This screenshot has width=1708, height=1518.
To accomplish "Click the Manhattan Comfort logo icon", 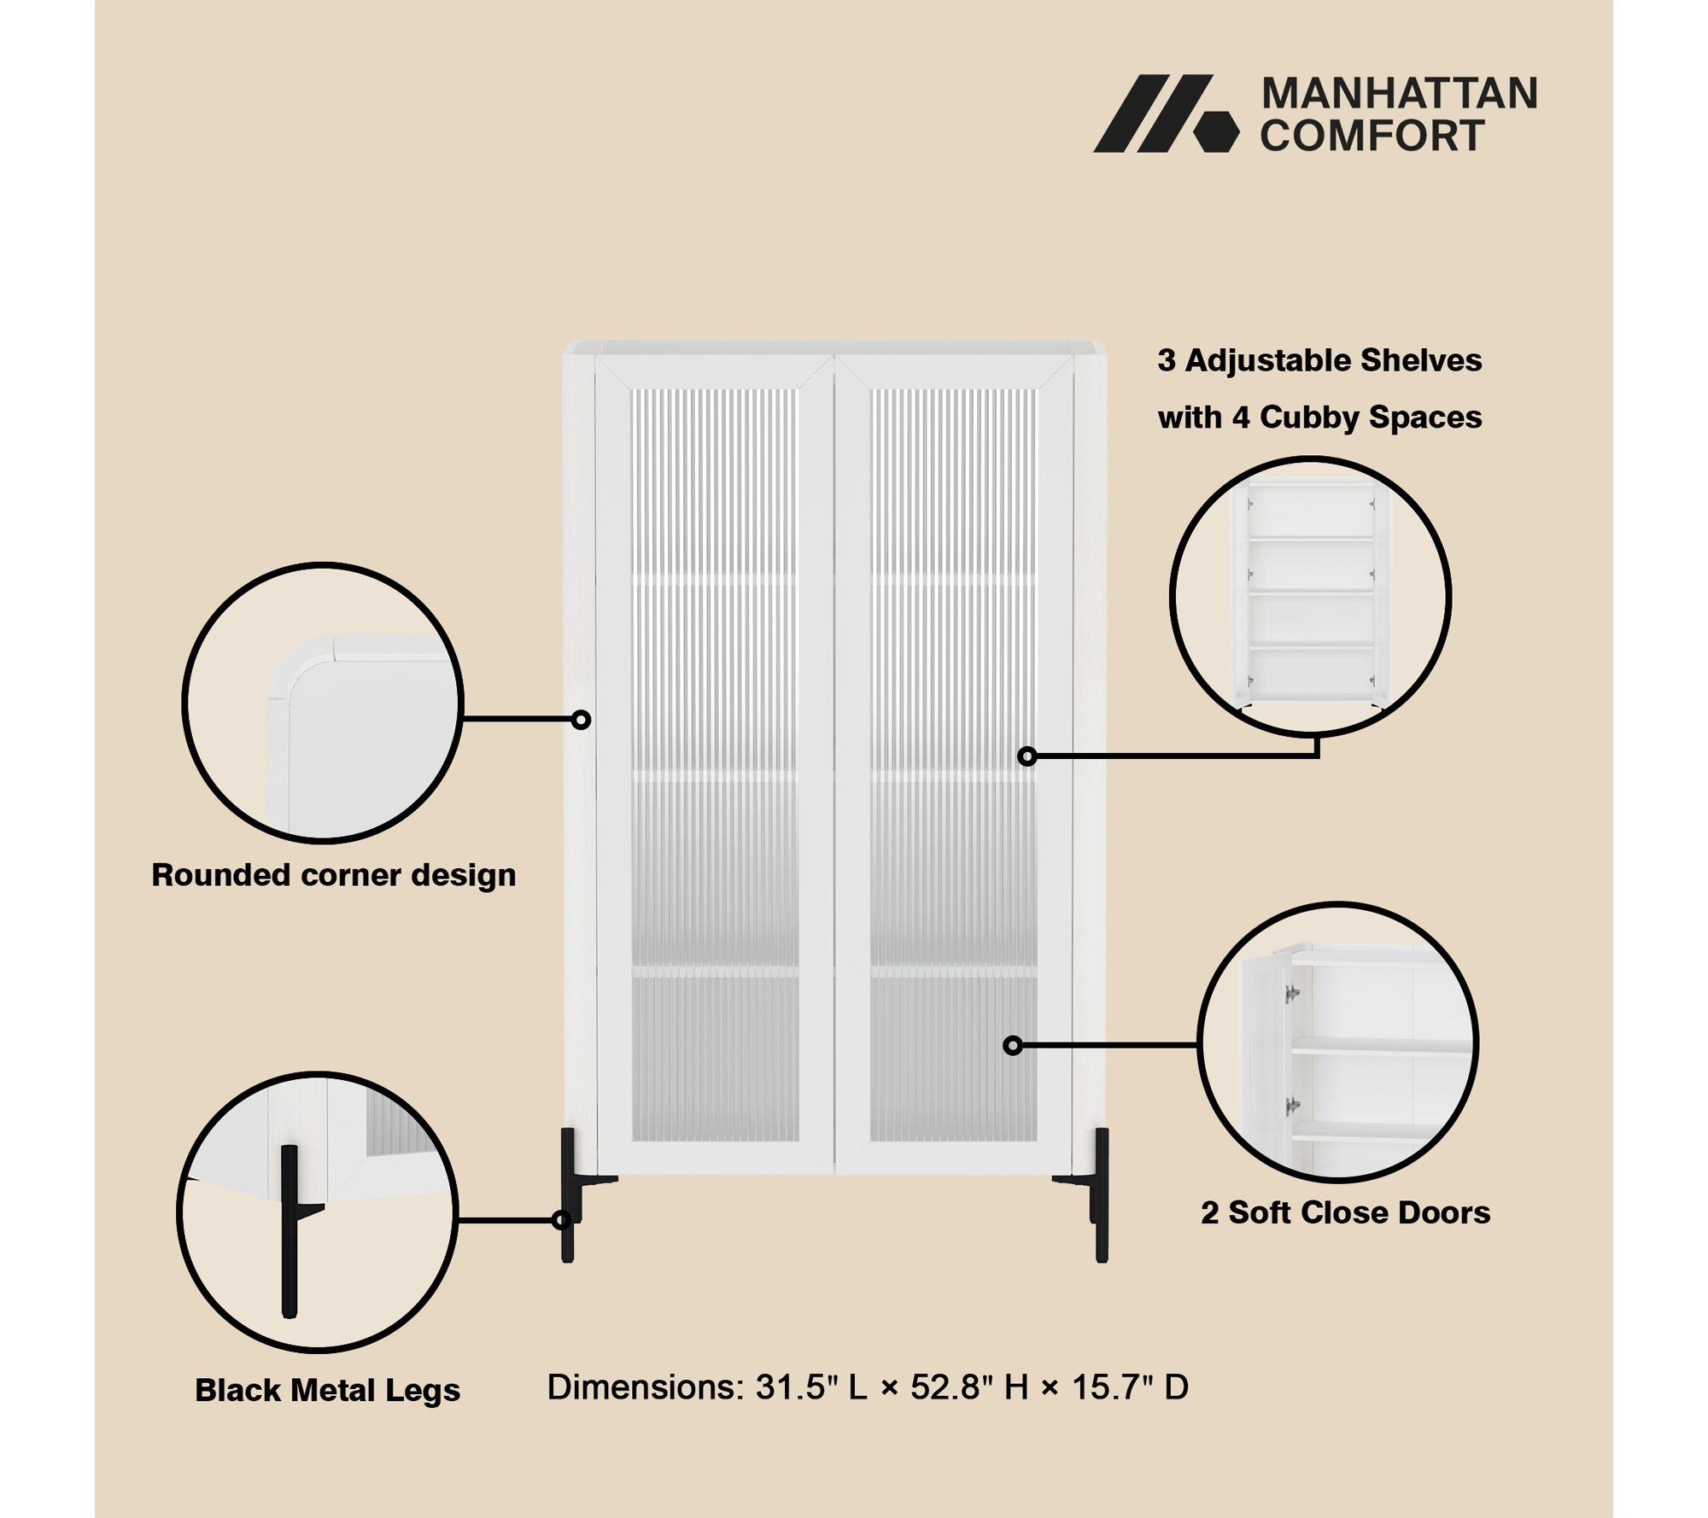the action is (x=1165, y=114).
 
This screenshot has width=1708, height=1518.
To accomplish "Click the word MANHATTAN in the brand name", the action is (x=1399, y=94).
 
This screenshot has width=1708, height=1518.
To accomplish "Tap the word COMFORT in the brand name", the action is (x=1372, y=135).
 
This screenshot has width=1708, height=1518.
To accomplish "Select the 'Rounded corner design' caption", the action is (x=333, y=876).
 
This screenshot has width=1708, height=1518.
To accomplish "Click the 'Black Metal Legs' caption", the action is (x=327, y=1390).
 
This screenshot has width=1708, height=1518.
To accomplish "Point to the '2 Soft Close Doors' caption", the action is (x=1345, y=1212).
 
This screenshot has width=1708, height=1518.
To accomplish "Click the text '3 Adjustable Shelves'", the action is (x=1319, y=360).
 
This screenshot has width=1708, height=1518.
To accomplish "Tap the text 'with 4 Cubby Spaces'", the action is (x=1319, y=417).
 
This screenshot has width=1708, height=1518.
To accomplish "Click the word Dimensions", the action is (x=646, y=1387).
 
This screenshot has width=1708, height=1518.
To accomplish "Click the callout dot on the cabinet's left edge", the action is (x=581, y=720).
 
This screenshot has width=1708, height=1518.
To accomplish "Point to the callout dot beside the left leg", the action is (x=561, y=1221).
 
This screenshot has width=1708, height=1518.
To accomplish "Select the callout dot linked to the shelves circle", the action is (x=1027, y=756).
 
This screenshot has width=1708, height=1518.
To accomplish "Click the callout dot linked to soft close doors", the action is (x=1013, y=1045).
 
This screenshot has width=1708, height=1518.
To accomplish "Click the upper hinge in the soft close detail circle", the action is (x=1292, y=993).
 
